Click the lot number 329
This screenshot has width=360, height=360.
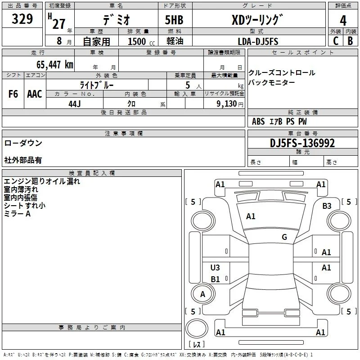point(22,18)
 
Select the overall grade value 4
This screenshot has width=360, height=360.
point(343,20)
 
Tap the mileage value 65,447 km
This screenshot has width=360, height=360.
point(55,64)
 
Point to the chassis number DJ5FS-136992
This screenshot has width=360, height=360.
point(302,143)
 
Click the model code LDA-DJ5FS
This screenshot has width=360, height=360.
point(258,41)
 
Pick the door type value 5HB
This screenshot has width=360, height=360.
point(174,20)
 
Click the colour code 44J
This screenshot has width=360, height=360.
point(75,104)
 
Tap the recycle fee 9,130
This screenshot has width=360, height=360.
point(227,104)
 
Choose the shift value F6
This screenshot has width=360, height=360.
point(13,94)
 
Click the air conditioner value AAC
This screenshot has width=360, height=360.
point(35,94)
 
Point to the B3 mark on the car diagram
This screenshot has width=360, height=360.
point(327,206)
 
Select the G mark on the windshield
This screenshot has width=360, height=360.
point(284,237)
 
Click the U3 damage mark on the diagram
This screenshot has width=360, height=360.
point(215,267)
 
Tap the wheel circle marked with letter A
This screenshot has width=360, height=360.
point(203,294)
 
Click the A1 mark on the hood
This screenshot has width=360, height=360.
point(251,216)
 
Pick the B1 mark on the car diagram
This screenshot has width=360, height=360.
point(215,279)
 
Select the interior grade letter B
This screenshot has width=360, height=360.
point(350,41)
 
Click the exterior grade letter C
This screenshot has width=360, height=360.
point(336,41)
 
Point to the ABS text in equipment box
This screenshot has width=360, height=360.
point(258,121)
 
